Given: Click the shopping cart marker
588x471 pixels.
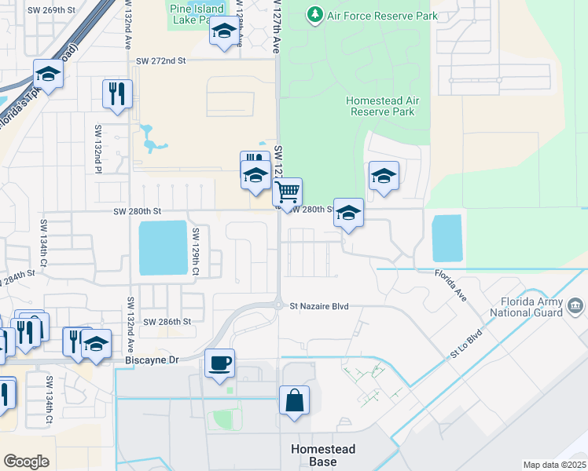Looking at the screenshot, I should point(288,191).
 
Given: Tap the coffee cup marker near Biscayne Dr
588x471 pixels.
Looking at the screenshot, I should point(219,363).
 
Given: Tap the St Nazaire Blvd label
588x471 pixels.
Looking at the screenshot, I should point(318,307).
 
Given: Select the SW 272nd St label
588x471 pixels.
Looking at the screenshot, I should point(160,60).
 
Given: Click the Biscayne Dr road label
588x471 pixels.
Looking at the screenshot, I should point(153,360).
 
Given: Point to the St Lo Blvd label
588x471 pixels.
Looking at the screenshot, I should point(465,349).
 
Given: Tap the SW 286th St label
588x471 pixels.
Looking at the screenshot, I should point(167,322).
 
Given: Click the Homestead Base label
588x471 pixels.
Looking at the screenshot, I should point(323,455).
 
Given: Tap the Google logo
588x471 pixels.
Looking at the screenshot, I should point(26,462).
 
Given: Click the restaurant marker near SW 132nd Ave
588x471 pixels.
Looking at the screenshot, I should point(117,93).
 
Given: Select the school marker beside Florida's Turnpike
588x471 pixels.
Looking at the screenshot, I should point(48,75).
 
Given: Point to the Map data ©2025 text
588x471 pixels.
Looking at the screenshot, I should point(554,465).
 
